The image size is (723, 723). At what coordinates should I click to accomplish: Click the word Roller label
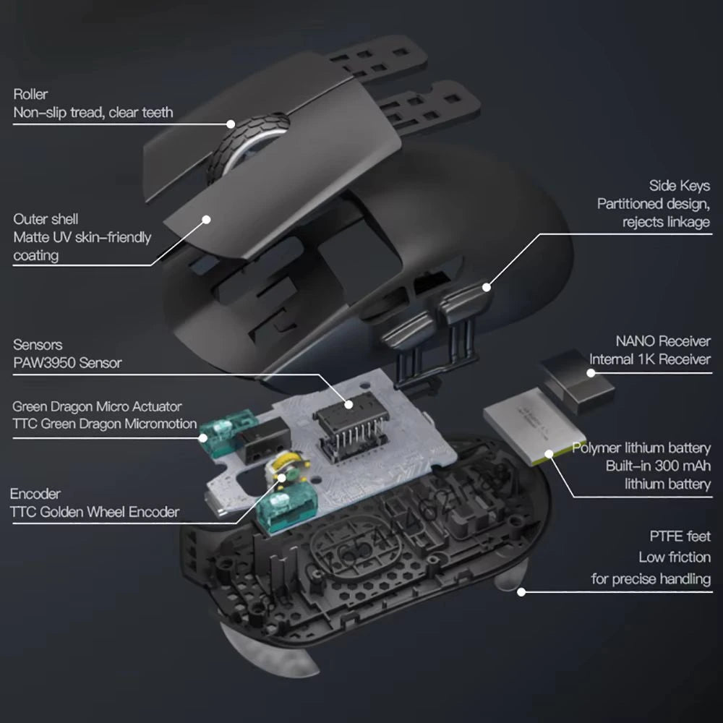coord(30,94)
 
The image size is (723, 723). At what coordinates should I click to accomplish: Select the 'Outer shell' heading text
coord(46,219)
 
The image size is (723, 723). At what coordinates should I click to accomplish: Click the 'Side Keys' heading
coord(679,187)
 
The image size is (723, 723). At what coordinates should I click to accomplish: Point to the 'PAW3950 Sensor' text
coord(67,363)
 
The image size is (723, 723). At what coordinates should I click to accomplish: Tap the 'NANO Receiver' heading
coord(663,341)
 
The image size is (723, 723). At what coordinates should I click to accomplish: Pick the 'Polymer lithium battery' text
coord(641,448)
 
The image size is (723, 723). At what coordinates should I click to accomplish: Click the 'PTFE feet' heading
coord(679,536)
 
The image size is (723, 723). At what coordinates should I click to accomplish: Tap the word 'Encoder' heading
coord(35,495)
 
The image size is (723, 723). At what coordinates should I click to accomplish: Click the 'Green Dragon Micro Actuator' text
coord(97,407)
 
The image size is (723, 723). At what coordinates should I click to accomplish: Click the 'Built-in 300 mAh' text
coord(658,466)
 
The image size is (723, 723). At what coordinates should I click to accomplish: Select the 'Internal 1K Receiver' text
coord(650,359)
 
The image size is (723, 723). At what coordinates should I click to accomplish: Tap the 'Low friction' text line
coord(674,557)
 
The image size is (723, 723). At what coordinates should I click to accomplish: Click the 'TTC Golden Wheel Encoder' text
coord(95,513)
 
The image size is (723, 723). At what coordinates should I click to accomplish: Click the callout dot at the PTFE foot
coord(520,591)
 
